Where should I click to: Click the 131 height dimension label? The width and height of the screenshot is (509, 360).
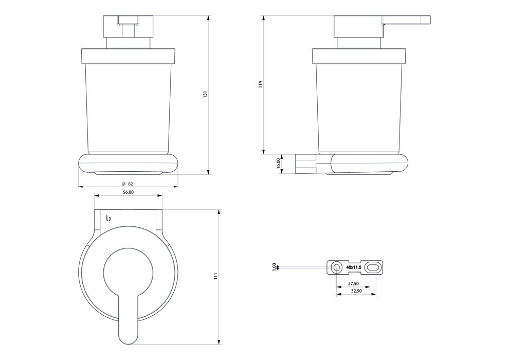pos(205,95)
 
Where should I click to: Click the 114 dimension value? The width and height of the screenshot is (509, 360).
pos(261,84)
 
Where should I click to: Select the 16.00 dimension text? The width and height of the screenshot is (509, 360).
pos(278,163)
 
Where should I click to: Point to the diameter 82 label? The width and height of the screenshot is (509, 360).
pos(128,184)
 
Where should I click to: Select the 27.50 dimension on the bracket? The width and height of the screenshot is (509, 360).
pos(353,283)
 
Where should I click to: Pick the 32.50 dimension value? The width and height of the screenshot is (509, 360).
pos(355,291)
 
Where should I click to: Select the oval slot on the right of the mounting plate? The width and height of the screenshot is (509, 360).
pos(374,267)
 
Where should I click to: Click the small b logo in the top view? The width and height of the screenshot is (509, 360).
pos(108,219)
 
